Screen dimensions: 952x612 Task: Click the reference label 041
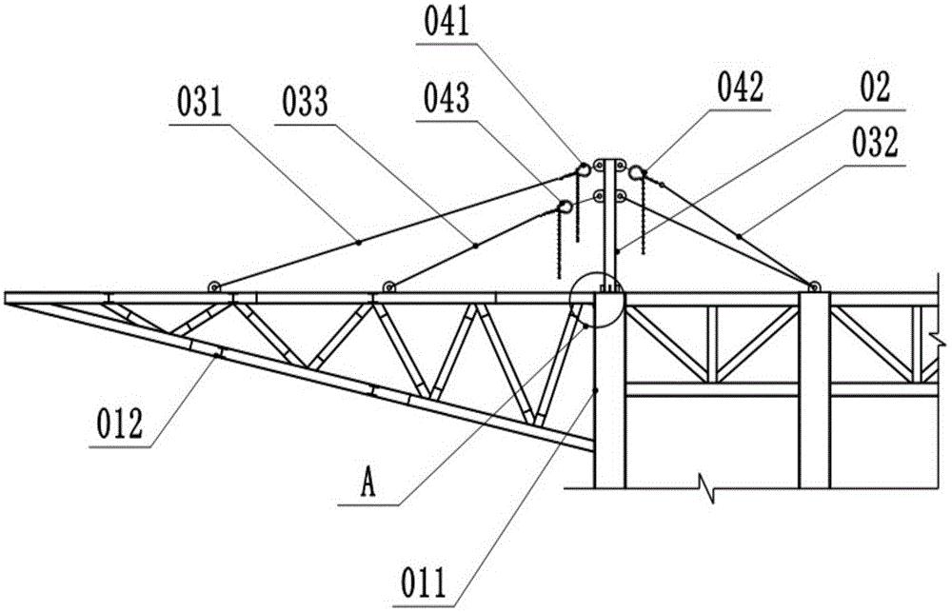click(x=446, y=24)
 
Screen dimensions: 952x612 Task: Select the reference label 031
click(x=200, y=102)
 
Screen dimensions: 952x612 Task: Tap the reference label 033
click(x=305, y=102)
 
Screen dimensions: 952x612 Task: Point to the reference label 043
click(x=446, y=98)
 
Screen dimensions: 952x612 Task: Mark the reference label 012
click(x=120, y=424)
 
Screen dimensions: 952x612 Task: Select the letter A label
click(x=367, y=484)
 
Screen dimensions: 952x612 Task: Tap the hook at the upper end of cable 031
click(x=583, y=168)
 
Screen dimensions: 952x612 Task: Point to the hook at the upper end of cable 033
click(x=565, y=207)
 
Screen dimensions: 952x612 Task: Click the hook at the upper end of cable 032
click(x=637, y=172)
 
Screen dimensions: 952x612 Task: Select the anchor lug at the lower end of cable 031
click(x=213, y=287)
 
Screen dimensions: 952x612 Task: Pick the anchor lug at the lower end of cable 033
click(x=389, y=287)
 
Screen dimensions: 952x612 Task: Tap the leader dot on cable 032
click(x=739, y=236)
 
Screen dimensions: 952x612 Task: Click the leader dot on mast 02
click(x=616, y=250)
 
